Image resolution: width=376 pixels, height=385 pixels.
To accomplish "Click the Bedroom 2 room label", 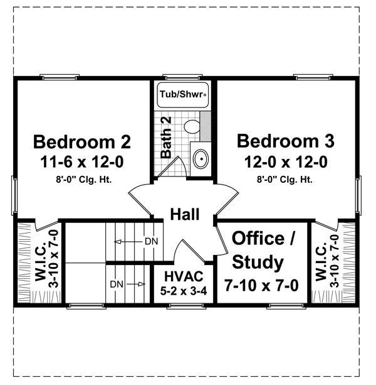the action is point(82,142).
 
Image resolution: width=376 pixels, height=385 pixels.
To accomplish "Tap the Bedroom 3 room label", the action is point(286,141).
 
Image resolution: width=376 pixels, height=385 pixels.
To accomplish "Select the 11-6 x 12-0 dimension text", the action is point(82,162).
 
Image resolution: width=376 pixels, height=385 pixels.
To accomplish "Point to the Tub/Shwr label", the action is point(182,94).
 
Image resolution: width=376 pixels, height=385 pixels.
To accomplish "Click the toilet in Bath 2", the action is point(192,126).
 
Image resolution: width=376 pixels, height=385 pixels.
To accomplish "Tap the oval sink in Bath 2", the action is point(201,159).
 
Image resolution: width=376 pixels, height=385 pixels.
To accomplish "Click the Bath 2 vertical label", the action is point(166,138).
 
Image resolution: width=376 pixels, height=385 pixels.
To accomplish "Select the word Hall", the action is point(185,214).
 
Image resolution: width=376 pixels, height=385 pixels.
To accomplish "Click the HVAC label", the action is point(184,276).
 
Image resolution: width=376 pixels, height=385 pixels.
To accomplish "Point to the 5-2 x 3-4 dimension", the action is point(184,291).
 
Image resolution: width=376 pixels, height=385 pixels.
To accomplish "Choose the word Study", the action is point(258,263).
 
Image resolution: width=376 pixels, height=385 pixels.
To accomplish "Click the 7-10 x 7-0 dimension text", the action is point(262,285).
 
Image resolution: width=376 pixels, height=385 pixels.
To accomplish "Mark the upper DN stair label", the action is point(152,242).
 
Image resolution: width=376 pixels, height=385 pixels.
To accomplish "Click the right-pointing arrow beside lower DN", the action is point(137,285).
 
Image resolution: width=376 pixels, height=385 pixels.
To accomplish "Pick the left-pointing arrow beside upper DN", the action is point(128,242).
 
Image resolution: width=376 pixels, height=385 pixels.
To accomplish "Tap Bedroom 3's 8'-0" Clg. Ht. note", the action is point(285,180).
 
